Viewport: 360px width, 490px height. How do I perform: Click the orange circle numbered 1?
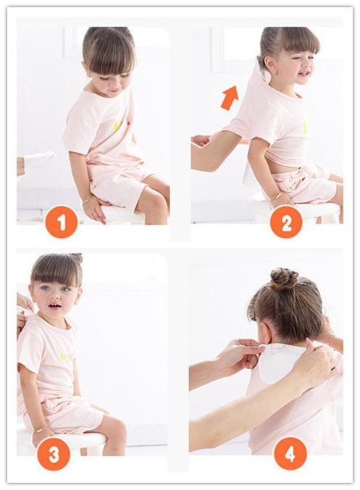[62, 222]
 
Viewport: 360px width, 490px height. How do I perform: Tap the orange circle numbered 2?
[286, 222]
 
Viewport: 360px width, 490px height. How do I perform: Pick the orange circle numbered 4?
[290, 453]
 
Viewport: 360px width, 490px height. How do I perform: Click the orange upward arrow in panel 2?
[230, 98]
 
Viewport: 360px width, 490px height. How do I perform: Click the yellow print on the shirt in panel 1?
[117, 126]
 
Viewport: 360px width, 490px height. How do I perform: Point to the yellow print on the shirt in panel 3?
[64, 357]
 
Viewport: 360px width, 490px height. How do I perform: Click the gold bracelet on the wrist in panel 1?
[87, 200]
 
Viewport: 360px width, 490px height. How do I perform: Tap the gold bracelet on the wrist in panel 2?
[277, 197]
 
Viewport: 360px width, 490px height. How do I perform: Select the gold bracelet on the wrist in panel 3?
[39, 430]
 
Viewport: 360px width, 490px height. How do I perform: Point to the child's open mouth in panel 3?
[54, 306]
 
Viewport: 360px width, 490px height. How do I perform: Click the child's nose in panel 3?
[54, 295]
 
